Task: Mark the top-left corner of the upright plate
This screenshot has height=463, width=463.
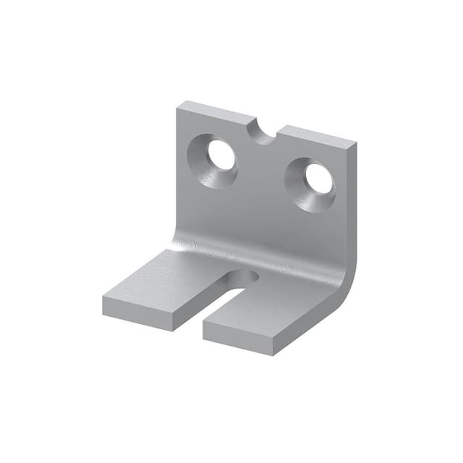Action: coord(179,104)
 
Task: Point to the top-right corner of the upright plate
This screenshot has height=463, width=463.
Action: coord(354,144)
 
